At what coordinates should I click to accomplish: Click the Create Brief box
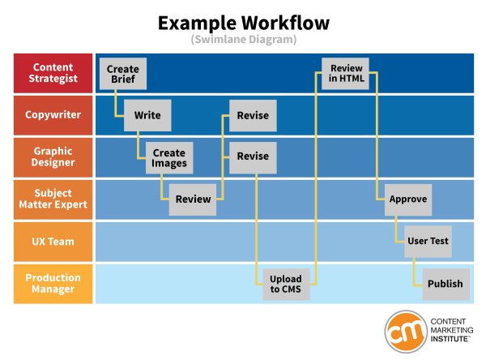tap(123, 74)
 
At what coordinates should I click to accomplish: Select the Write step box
tap(147, 115)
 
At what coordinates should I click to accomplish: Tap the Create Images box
tap(169, 157)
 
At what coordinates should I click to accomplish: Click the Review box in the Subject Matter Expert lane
tap(193, 199)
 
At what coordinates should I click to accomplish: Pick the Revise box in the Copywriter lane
tap(253, 115)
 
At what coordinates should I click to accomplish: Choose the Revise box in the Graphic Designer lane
tap(253, 157)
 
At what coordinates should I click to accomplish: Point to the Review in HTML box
tap(347, 74)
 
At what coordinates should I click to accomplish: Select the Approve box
tap(407, 199)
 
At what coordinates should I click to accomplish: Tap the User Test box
tap(428, 241)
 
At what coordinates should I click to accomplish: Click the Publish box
tap(446, 284)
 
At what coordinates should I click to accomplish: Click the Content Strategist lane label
tap(53, 73)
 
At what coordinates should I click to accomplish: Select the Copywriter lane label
tap(53, 115)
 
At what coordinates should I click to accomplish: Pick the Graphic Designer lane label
tap(53, 157)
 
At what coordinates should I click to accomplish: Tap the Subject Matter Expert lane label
tap(53, 199)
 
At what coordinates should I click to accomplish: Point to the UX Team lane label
tap(53, 241)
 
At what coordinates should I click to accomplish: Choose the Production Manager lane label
tap(53, 284)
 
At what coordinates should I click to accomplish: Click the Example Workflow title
tap(242, 22)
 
